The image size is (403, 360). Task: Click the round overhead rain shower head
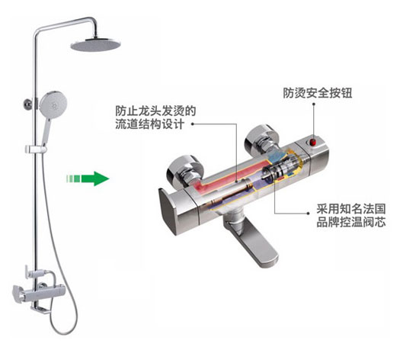(96, 45)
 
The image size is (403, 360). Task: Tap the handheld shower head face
(53, 104)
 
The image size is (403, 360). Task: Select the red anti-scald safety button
(313, 142)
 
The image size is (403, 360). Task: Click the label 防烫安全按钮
(318, 93)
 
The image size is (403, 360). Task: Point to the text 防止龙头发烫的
(155, 111)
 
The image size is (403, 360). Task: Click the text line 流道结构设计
(150, 124)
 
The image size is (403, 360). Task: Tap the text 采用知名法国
(351, 209)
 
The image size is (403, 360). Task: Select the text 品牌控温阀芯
(351, 222)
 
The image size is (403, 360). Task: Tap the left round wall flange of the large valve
(184, 169)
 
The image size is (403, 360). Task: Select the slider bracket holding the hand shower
(36, 149)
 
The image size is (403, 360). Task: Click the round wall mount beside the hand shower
(27, 104)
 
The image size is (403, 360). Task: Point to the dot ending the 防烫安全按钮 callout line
(314, 104)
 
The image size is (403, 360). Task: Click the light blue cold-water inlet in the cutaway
(276, 156)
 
